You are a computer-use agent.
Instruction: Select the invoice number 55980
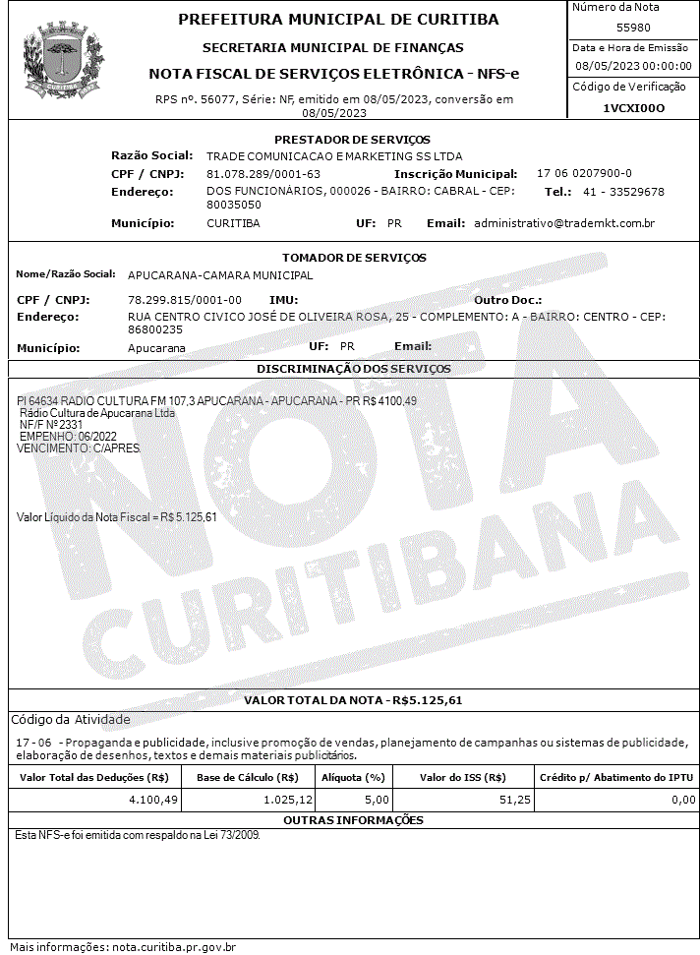pos(633,28)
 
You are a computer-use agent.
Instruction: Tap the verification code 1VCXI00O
pos(633,108)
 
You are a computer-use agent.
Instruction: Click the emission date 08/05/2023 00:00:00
pos(633,66)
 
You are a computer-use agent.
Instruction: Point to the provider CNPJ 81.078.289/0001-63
pos(263,173)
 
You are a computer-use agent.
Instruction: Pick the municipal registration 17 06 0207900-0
pos(584,173)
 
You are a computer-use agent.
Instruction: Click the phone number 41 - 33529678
pos(623,192)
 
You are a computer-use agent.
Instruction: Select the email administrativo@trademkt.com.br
pos(564,223)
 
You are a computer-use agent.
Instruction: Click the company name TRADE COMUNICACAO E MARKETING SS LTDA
pos(334,156)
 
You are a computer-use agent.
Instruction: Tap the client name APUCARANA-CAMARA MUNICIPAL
pos(220,275)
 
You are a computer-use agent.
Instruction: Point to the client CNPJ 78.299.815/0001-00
pos(185,299)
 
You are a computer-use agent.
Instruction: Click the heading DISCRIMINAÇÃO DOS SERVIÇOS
pos(353,369)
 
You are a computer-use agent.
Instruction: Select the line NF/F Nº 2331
pos(52,425)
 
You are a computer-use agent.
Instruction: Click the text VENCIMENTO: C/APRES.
pos(79,448)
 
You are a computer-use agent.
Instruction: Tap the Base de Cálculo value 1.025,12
pos(288,801)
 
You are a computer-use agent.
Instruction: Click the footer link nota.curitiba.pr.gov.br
pos(174,947)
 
